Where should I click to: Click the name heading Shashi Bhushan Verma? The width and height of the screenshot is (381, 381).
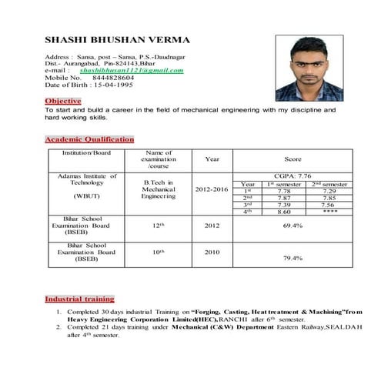(x=118, y=39)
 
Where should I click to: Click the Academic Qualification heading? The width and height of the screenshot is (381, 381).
(x=89, y=139)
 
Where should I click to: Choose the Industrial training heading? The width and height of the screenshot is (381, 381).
(x=80, y=298)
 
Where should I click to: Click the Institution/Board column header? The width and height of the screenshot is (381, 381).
(x=82, y=152)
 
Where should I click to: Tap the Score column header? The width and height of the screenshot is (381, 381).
(x=292, y=159)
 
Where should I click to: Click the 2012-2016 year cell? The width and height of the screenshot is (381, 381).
(x=212, y=189)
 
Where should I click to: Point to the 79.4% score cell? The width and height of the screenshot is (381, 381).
(x=292, y=258)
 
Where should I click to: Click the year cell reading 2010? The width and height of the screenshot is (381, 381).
(x=212, y=251)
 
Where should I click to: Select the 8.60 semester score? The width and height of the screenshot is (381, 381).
(x=282, y=211)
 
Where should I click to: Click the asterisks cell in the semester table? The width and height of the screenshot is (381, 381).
(x=329, y=211)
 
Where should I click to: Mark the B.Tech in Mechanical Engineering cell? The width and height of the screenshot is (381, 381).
(x=159, y=189)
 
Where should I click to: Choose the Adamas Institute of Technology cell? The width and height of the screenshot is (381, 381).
(x=82, y=179)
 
